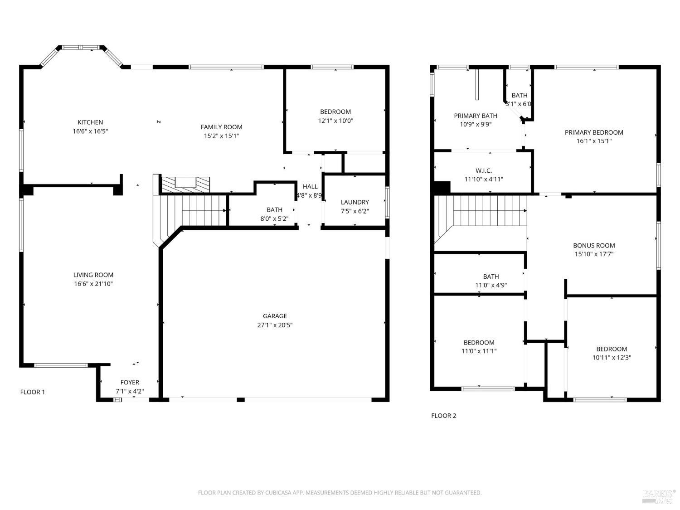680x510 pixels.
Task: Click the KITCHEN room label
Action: click(x=90, y=122)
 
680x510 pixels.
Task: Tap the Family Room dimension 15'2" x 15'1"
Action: click(x=222, y=136)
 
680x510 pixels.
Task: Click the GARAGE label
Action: click(x=275, y=316)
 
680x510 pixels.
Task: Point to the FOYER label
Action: click(x=130, y=383)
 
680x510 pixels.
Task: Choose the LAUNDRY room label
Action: click(x=355, y=202)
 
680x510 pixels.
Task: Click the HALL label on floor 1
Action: click(x=310, y=187)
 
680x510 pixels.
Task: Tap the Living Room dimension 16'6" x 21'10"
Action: click(x=93, y=284)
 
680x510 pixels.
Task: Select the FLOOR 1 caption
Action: click(x=33, y=392)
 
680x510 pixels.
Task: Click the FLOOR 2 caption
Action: click(x=443, y=416)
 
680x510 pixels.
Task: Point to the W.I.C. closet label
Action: click(x=484, y=171)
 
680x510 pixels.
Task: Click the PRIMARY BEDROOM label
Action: click(x=593, y=132)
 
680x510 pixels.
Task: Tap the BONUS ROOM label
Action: click(x=594, y=246)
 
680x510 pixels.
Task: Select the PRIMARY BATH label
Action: click(x=476, y=116)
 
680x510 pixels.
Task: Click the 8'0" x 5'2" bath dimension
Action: click(x=274, y=219)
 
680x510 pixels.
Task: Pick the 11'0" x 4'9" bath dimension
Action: click(x=491, y=285)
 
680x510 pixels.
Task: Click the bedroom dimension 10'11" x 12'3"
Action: click(x=612, y=357)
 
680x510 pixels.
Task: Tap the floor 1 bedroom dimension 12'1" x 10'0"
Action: click(x=335, y=121)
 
